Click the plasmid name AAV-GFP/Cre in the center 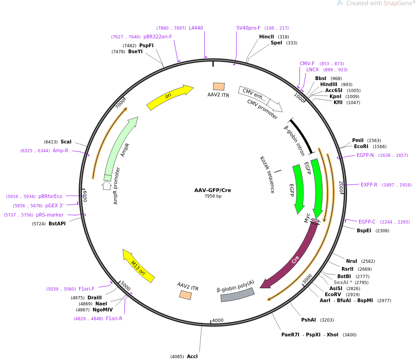pos(212,190)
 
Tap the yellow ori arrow pos(169,98)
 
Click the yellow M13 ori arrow pos(138,266)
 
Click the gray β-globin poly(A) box pos(237,294)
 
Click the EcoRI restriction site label pos(361,147)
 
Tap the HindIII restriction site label pos(329,84)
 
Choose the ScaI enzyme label pos(66,142)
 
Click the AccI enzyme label pos(192,356)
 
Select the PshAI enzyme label pos(308,320)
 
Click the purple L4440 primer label pos(196,28)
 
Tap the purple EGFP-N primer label pos(365,155)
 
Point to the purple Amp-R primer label pos(60,150)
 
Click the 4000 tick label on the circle pos(217,320)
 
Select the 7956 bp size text pos(213,196)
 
